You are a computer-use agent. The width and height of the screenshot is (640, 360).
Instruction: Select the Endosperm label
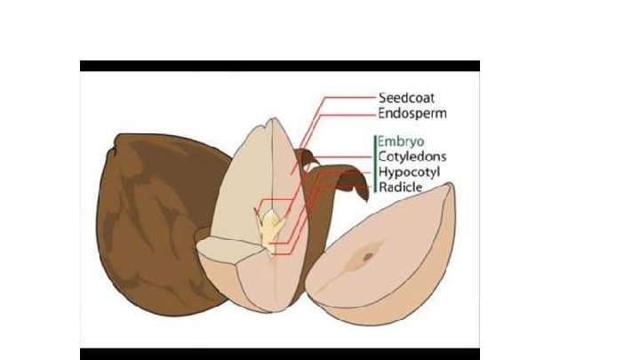coord(412,114)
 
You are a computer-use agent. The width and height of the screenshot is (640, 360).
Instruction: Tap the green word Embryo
coord(400,141)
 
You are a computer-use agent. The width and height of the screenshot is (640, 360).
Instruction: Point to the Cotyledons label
coord(412,156)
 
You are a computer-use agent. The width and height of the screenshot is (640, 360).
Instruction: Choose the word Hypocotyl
coord(410,172)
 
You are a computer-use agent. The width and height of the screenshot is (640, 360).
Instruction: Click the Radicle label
coord(401,188)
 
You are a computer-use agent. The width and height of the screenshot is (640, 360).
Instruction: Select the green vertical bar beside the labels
coord(373,164)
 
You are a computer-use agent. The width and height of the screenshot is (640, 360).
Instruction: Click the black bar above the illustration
coord(279,66)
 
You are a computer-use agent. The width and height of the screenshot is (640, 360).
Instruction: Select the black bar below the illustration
coord(279,354)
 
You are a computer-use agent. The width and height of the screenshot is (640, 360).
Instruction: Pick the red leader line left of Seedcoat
coord(347,98)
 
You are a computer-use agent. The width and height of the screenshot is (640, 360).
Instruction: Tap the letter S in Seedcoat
coord(383,98)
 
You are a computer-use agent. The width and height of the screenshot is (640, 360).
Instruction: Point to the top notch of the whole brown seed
coord(114,148)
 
